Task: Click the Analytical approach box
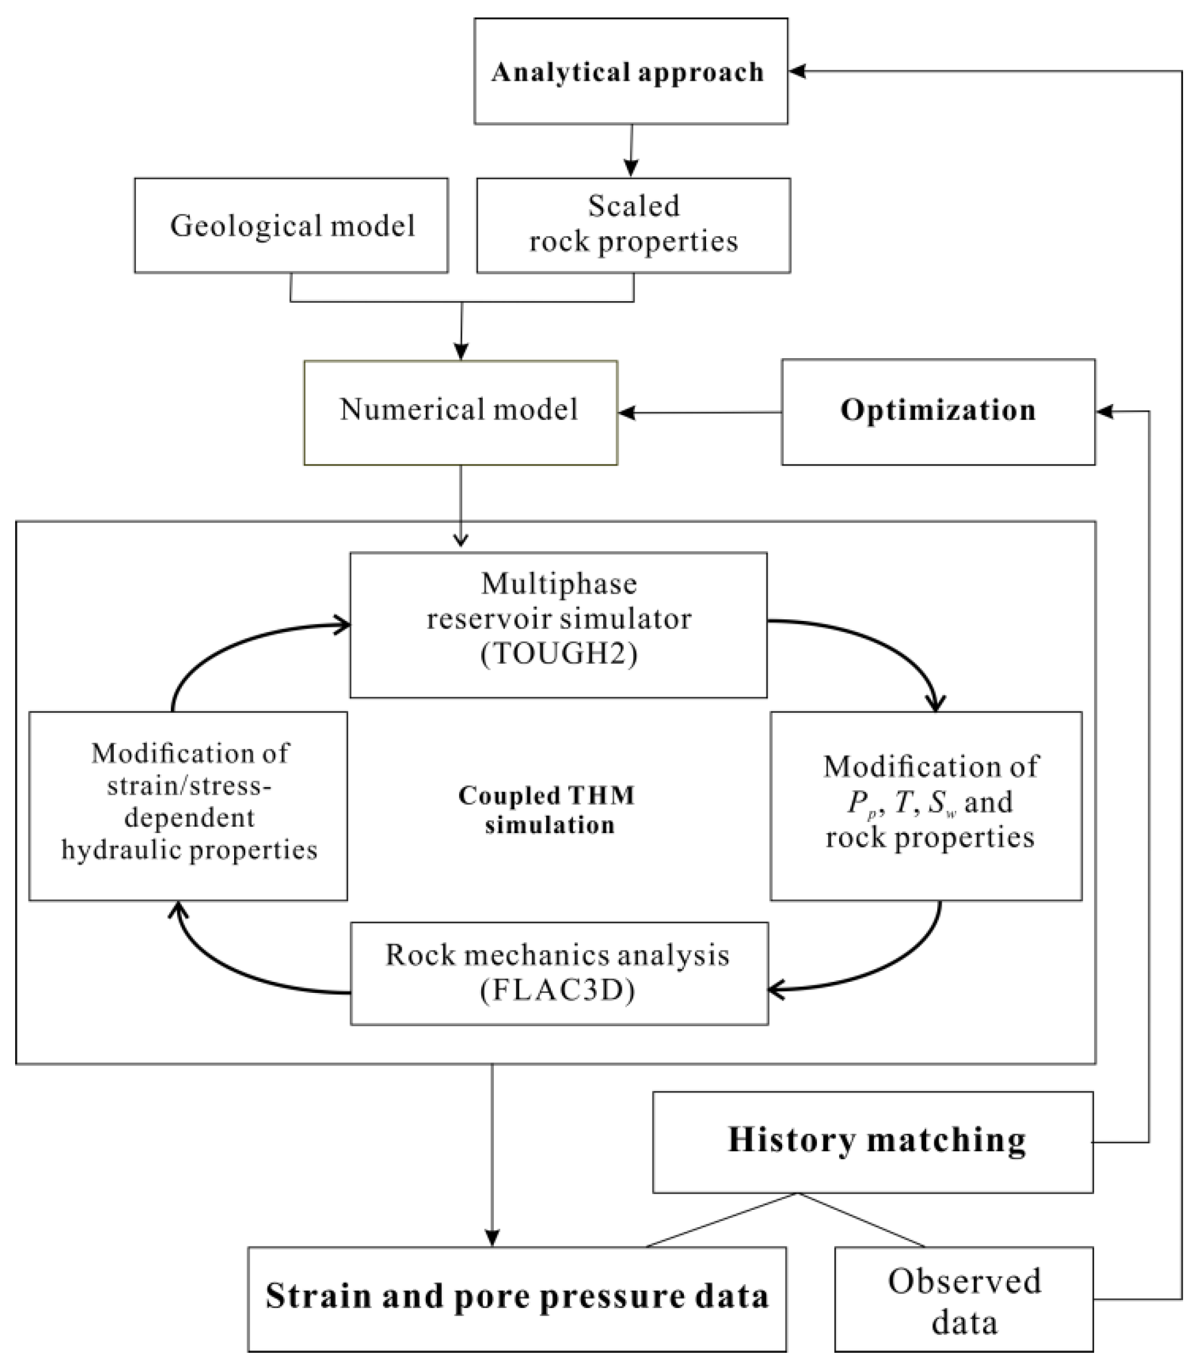click(x=630, y=71)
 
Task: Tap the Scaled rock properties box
click(x=633, y=224)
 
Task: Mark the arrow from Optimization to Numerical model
click(x=698, y=412)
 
